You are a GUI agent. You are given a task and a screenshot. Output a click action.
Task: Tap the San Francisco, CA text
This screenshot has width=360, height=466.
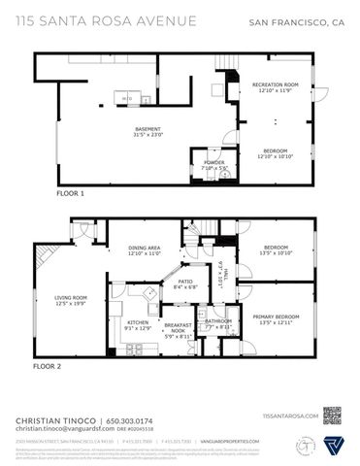point(297,20)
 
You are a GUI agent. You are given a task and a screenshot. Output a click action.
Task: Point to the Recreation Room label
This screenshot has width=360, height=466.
point(276,85)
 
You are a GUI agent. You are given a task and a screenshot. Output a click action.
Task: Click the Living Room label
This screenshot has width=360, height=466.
point(71,297)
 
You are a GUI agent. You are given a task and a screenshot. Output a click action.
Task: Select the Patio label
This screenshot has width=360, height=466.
point(184,282)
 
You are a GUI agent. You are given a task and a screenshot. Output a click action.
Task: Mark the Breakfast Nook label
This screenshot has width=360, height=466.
point(179,328)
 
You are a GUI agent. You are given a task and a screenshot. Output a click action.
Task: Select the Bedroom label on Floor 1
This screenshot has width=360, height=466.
point(276,150)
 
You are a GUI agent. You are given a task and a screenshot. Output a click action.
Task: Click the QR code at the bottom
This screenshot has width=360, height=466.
point(335,416)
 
